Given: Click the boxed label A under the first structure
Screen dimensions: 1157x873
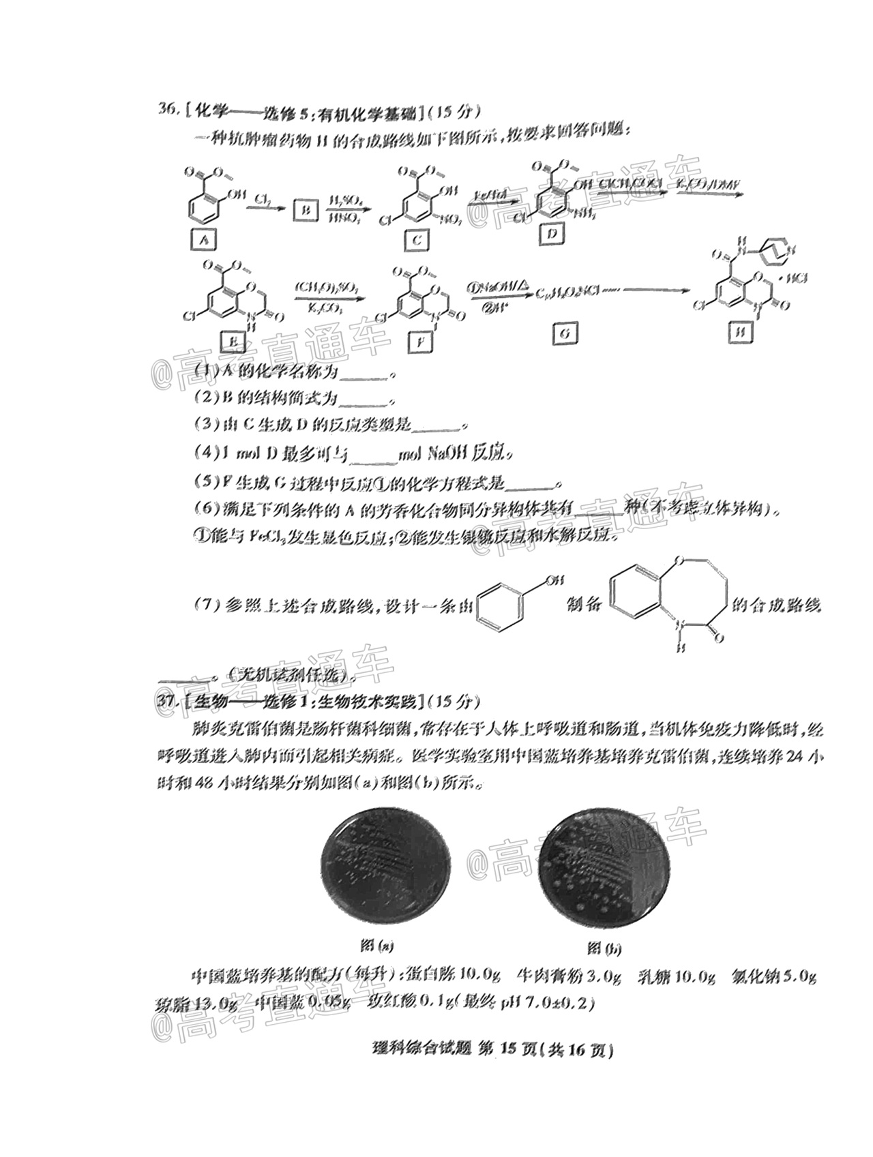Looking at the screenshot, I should tap(203, 239).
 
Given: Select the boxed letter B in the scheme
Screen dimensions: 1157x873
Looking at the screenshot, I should tap(306, 210).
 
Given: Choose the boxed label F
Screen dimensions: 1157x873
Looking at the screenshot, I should tap(420, 342).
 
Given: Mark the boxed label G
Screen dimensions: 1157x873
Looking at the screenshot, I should tap(566, 333).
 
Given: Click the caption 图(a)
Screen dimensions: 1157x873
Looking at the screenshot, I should tap(376, 946).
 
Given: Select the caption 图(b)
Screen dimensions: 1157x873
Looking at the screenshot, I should tap(605, 948).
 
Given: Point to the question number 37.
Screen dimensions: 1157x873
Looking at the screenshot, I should tap(166, 701).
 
